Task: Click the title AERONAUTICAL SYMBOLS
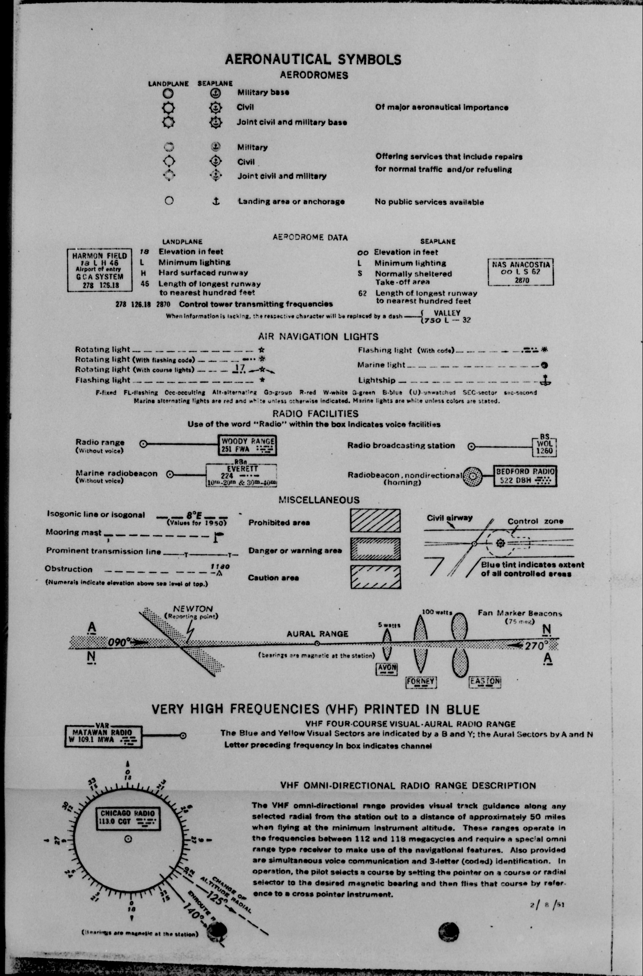[313, 60]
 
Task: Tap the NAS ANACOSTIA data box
[521, 272]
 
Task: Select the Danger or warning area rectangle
[375, 549]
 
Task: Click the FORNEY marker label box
[421, 682]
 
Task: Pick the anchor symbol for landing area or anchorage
[216, 201]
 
